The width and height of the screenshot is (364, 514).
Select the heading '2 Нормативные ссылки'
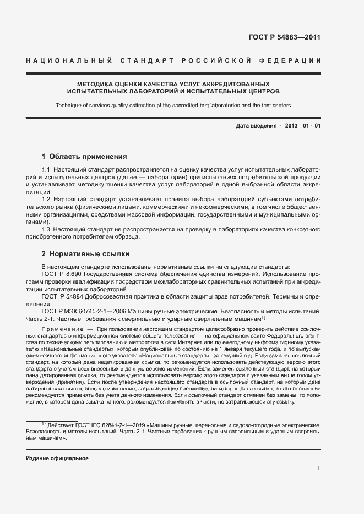85,254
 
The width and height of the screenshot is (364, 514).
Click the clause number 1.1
46,171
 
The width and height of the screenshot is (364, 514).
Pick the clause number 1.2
46,197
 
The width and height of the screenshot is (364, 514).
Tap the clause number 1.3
46,228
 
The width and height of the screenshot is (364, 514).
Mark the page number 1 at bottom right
319,468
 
